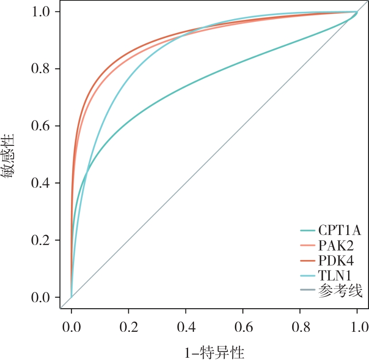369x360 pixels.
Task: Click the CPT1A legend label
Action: point(339,230)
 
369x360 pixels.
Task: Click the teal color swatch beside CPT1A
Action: point(309,231)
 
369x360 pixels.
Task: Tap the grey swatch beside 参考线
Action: point(309,291)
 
